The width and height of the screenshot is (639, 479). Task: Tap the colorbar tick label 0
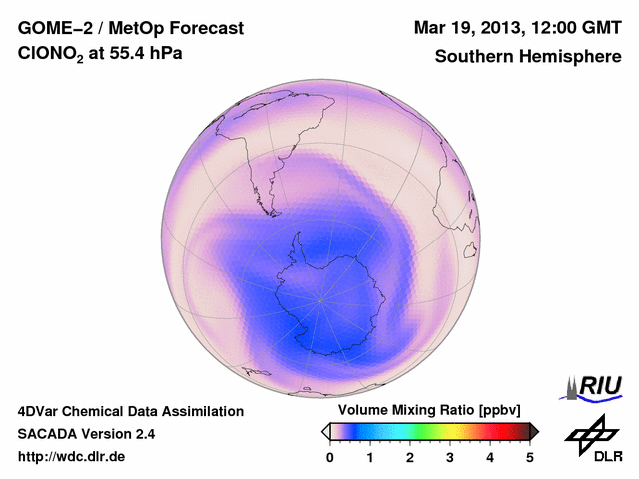(330, 457)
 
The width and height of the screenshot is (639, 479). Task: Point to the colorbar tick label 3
(450, 457)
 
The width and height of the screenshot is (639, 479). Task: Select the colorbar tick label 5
(530, 457)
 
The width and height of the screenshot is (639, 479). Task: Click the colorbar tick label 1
(370, 457)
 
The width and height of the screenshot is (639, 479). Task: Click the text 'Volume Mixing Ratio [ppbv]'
(429, 411)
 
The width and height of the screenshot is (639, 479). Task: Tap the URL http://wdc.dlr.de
(72, 457)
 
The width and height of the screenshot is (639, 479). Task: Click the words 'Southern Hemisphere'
(528, 57)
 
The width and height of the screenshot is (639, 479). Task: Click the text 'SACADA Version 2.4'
(86, 434)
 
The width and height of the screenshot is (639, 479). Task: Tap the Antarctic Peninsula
(297, 242)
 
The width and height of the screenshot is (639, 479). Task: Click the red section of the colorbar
(494, 431)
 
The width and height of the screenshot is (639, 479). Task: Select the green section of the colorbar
(424, 431)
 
